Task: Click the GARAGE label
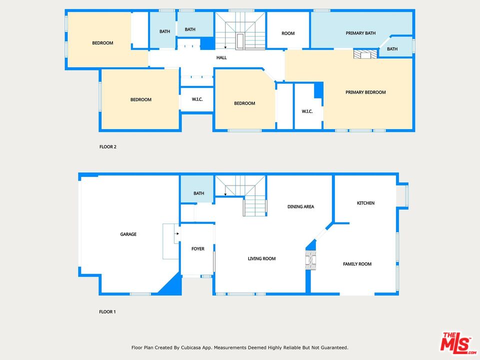pos(128,234)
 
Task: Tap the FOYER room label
pos(198,248)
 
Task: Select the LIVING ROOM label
pos(262,258)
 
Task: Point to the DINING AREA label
pos(300,206)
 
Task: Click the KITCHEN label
pos(365,203)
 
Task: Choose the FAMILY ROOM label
pos(357,264)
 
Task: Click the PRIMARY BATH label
pos(360,33)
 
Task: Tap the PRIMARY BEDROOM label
pos(365,92)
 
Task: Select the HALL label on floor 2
pos(221,57)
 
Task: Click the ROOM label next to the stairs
pos(288,33)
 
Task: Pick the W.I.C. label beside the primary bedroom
pos(307,111)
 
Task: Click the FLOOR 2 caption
pos(107,147)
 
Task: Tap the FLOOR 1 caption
pos(107,312)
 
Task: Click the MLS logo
pos(457,343)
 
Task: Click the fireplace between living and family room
pos(311,259)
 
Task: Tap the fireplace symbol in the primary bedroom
pos(363,54)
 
